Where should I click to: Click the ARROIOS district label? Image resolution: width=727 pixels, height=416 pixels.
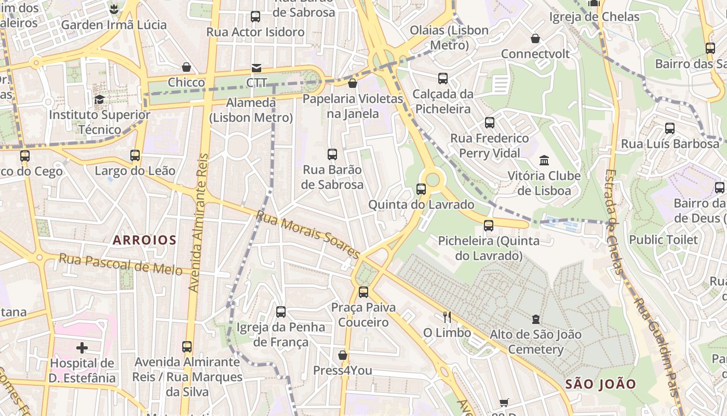coord(145,240)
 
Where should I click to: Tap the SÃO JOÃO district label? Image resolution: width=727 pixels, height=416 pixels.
coord(600,384)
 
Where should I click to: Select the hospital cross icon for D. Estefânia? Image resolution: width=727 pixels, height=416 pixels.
coord(82,347)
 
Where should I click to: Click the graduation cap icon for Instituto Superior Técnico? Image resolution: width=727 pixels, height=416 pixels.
coord(99,99)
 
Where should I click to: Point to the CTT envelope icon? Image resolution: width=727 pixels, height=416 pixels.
coord(257,68)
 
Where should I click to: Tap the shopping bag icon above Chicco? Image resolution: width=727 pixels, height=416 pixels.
coord(186,67)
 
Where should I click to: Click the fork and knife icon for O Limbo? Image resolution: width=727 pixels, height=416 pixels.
coord(447,317)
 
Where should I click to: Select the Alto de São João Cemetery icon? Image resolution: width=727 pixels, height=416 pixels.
coord(535,319)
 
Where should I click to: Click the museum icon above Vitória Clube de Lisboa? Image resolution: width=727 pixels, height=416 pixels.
coord(544,160)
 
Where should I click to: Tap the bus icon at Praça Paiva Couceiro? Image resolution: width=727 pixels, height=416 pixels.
coord(363,292)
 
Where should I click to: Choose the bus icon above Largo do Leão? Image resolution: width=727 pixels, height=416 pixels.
coord(135,155)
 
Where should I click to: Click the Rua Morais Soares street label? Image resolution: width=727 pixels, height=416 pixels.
coord(308,235)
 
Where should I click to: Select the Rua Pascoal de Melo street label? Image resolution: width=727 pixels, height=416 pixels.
coord(120,264)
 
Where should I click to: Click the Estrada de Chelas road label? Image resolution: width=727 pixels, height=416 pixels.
coord(613,222)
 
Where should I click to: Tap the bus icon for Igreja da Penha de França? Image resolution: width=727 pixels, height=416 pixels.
coord(281,311)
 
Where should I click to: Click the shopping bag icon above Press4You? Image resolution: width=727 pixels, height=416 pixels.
coord(343,355)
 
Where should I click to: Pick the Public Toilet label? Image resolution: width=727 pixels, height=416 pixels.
coord(664,240)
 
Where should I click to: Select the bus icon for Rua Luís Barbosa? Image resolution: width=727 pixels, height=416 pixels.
coord(670,128)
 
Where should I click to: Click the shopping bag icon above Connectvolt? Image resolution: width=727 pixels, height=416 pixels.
coord(535,38)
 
